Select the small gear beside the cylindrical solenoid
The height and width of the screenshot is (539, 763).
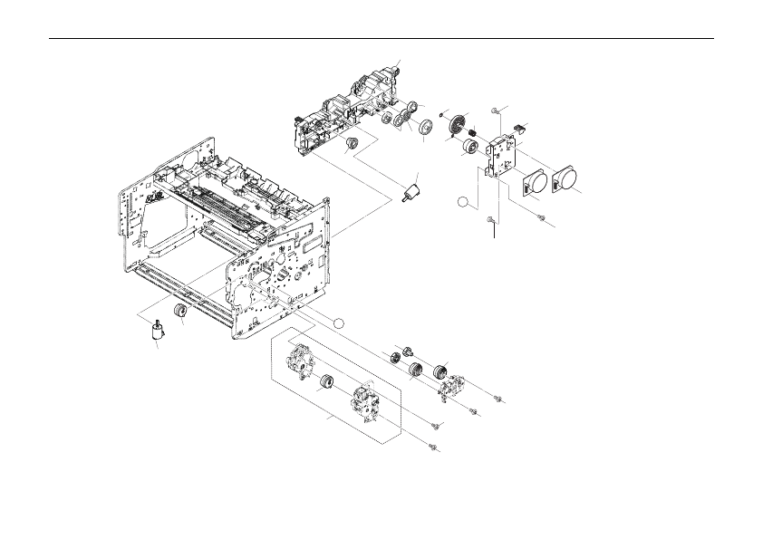(181, 313)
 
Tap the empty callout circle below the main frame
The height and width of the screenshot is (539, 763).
(337, 322)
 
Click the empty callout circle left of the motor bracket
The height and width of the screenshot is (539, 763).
(463, 201)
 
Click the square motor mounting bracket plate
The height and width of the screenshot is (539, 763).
(500, 154)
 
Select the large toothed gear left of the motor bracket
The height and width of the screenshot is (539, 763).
(459, 125)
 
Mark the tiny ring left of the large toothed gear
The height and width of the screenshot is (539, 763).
(440, 115)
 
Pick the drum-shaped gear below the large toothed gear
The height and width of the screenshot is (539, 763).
(470, 148)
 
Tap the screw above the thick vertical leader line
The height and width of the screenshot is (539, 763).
(490, 218)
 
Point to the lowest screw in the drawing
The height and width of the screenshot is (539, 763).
(435, 446)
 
